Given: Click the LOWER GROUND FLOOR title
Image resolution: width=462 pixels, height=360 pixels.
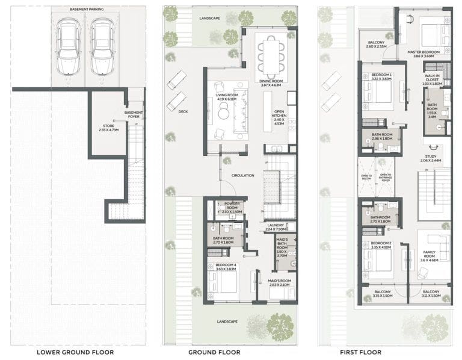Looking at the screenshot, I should pyautogui.click(x=75, y=352).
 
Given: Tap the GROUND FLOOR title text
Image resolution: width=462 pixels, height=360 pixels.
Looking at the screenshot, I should pyautogui.click(x=215, y=352).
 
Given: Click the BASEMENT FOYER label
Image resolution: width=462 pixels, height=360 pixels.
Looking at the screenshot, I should pyautogui.click(x=134, y=114).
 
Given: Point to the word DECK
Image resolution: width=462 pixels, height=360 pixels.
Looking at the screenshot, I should pyautogui.click(x=183, y=111).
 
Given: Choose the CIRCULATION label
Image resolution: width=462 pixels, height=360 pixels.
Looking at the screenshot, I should pyautogui.click(x=242, y=175).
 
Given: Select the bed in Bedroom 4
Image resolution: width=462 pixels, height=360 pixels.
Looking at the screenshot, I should pyautogui.click(x=223, y=281).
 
